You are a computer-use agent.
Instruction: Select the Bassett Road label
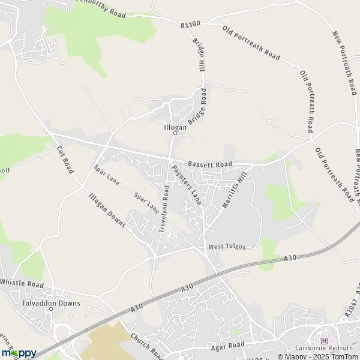209,164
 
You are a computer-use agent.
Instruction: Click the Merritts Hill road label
235,190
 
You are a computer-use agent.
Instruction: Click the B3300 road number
188,25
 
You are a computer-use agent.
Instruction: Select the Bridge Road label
196,107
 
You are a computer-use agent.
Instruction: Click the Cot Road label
65,160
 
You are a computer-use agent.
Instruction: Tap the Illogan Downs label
106,210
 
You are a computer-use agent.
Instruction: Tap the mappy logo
19,353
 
